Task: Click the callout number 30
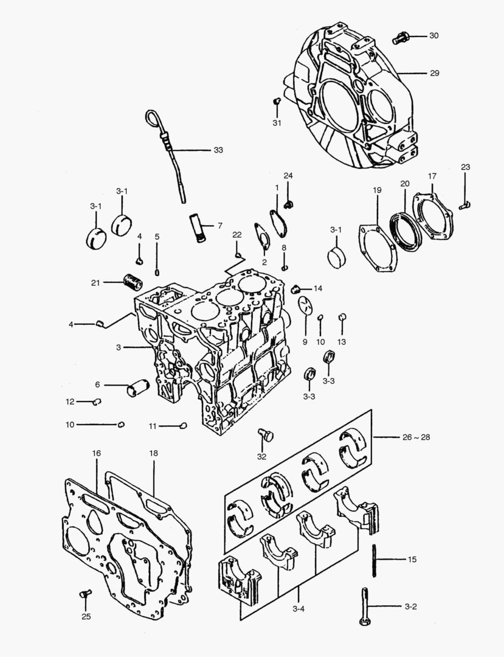point(433,36)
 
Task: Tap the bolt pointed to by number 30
point(399,37)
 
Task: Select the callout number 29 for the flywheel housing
point(434,73)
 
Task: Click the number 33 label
point(218,150)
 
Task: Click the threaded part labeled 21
point(132,282)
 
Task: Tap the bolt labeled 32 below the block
point(265,435)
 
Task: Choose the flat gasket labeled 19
point(377,249)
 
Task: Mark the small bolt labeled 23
point(465,206)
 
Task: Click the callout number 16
point(96,454)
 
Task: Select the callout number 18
point(153,454)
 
